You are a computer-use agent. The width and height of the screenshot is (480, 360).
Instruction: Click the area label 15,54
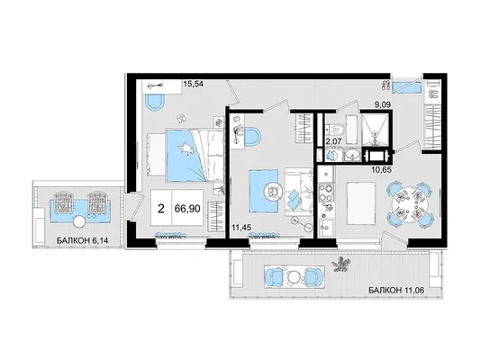[x=193, y=83]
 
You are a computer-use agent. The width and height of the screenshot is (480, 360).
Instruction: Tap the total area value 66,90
[x=187, y=209]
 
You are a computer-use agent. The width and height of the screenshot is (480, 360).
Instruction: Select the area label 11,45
[x=242, y=228]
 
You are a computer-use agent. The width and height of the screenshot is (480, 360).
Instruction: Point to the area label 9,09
[x=382, y=105]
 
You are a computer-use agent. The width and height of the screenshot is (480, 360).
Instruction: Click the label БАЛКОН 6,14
[x=82, y=240]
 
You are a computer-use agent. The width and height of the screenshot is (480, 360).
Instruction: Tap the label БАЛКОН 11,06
[x=396, y=290]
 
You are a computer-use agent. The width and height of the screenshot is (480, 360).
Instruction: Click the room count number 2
[x=161, y=209]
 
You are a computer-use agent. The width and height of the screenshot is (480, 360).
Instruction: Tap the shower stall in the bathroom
[x=375, y=129]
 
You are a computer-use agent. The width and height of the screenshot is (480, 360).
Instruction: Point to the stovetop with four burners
[x=325, y=192]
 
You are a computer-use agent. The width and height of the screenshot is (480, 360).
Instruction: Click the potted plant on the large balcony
[x=341, y=264]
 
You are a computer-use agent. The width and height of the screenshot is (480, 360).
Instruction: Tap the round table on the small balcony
[x=80, y=221]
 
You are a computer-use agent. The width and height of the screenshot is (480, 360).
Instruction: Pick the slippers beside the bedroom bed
[x=181, y=118]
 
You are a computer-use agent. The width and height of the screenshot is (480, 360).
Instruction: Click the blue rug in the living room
[x=264, y=191]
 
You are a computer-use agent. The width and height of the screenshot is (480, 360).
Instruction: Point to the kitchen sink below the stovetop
[x=325, y=227]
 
